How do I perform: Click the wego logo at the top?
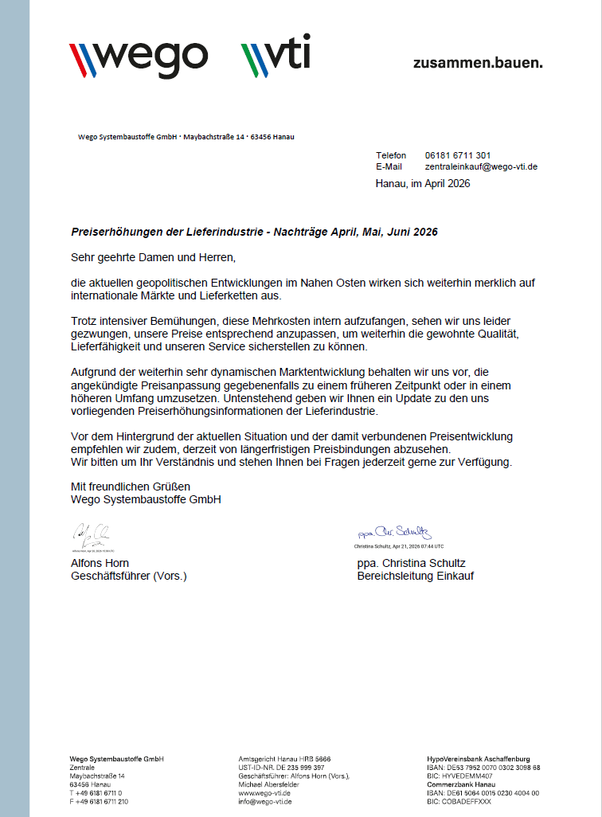[139, 56]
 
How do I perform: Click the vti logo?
[276, 56]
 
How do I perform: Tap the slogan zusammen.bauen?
[478, 62]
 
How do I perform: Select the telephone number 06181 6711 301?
[458, 155]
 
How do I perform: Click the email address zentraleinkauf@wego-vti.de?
[481, 166]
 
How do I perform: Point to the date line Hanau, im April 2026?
[423, 184]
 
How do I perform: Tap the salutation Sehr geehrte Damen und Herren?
[154, 258]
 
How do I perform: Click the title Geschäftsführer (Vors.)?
[129, 576]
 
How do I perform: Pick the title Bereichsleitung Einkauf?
[416, 576]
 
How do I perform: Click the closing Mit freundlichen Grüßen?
[131, 487]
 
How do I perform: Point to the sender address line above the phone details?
[186, 137]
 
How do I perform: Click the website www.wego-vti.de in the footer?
[264, 793]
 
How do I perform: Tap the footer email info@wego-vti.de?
[265, 802]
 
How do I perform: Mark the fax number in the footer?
[99, 802]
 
